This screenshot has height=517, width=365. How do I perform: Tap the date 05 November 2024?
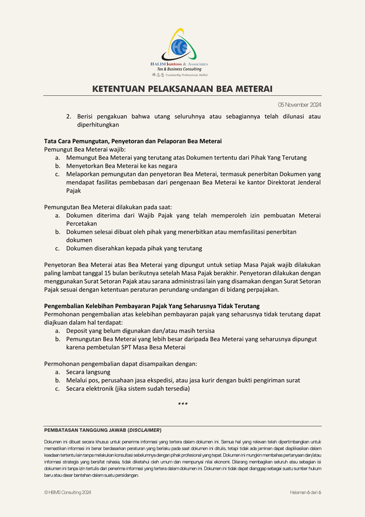(299, 105)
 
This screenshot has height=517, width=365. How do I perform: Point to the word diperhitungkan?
(98, 125)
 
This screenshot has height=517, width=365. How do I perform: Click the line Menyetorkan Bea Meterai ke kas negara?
(121, 166)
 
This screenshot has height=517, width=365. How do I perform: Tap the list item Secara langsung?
(88, 372)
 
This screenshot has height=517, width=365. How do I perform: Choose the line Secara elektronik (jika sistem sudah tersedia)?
(128, 388)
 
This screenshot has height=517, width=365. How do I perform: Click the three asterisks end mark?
(183, 404)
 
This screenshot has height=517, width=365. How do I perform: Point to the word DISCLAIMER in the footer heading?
(144, 430)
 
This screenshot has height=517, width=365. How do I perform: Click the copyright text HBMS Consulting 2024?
(68, 492)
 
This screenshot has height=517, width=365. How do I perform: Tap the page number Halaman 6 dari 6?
(305, 492)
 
